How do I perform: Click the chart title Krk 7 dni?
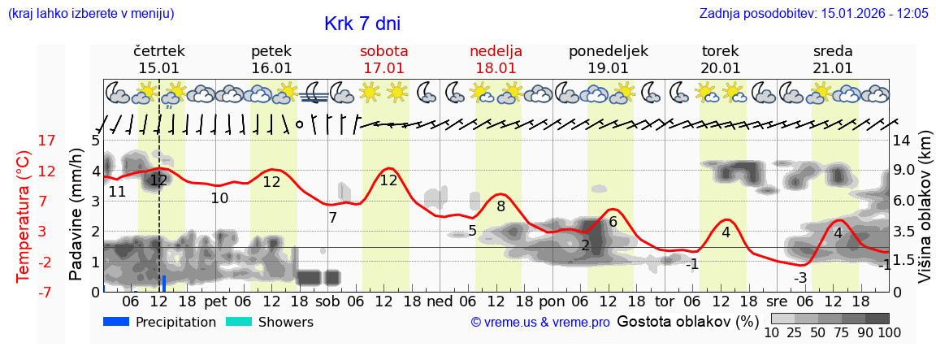362,24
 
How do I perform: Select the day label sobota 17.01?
383,59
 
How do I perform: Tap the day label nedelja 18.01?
496,59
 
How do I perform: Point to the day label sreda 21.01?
833,59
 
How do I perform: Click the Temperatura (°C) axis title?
24,216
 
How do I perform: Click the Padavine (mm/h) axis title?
76,215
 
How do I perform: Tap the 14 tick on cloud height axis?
902,141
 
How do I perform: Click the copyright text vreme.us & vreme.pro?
540,323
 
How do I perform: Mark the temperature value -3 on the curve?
800,278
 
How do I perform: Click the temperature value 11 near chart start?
117,192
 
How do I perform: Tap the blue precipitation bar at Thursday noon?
164,283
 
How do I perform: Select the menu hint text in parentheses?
91,14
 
